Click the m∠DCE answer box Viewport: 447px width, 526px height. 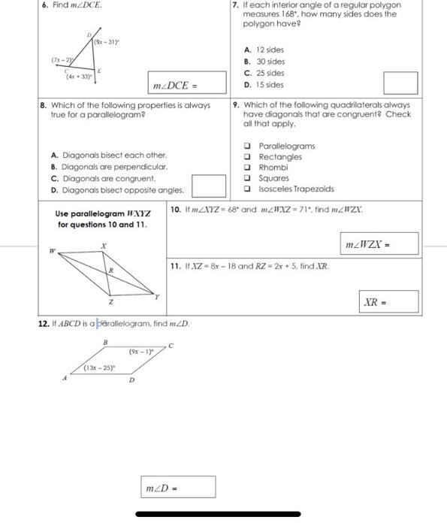pos(187,83)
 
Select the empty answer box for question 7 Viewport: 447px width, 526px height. pos(400,83)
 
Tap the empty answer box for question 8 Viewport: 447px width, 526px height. pos(209,186)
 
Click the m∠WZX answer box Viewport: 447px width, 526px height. pos(379,243)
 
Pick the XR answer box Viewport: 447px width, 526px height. pos(388,301)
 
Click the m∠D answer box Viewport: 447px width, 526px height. pos(178,487)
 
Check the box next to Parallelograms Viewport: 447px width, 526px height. pos(247,146)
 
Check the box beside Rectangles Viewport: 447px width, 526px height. pos(247,156)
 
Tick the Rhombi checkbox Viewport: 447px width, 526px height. pos(247,168)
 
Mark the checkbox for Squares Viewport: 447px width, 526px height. pos(247,178)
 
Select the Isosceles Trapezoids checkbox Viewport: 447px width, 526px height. pos(247,189)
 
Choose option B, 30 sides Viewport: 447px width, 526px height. pos(264,62)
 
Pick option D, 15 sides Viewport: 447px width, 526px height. pos(264,85)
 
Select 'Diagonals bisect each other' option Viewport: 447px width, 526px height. pos(109,155)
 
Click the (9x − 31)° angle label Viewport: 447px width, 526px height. pos(107,42)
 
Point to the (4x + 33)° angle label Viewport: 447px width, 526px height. pos(79,77)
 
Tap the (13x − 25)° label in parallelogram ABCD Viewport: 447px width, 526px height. pos(100,367)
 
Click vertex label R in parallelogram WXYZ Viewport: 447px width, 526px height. pos(111,270)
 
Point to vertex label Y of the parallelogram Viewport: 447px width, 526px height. pos(156,297)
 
